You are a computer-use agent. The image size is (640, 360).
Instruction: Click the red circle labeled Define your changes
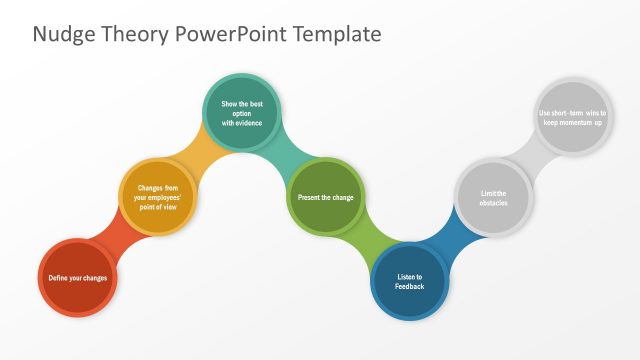(x=78, y=278)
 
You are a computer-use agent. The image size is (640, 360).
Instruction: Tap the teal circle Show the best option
(x=242, y=113)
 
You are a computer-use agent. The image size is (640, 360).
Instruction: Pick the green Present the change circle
(x=326, y=197)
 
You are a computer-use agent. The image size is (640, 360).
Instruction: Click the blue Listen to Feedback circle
(x=410, y=281)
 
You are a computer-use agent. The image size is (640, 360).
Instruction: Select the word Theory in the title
(x=138, y=35)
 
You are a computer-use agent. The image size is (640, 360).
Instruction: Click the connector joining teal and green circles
(x=285, y=155)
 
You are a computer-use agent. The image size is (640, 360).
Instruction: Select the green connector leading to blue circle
(x=368, y=240)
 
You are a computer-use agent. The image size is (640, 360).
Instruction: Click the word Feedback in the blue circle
(x=410, y=287)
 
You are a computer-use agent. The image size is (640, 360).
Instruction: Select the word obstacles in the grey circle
(x=494, y=203)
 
